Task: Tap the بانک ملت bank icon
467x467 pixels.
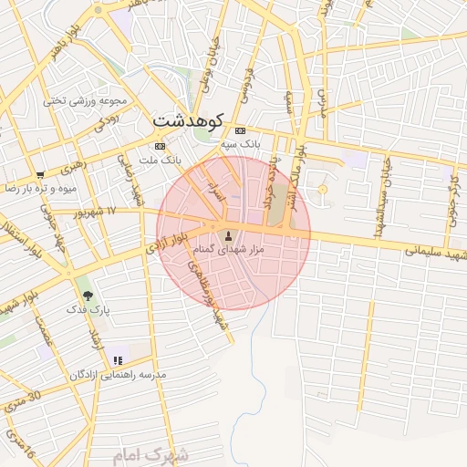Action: pyautogui.click(x=161, y=146)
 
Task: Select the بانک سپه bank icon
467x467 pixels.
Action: pyautogui.click(x=240, y=130)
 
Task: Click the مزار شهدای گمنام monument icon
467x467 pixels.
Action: pyautogui.click(x=228, y=236)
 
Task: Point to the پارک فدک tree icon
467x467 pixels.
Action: pyautogui.click(x=88, y=296)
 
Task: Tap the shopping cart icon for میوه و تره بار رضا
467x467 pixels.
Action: pyautogui.click(x=39, y=174)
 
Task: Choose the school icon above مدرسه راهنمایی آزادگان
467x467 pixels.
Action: pyautogui.click(x=118, y=360)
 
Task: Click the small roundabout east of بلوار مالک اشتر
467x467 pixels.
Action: pyautogui.click(x=321, y=189)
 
